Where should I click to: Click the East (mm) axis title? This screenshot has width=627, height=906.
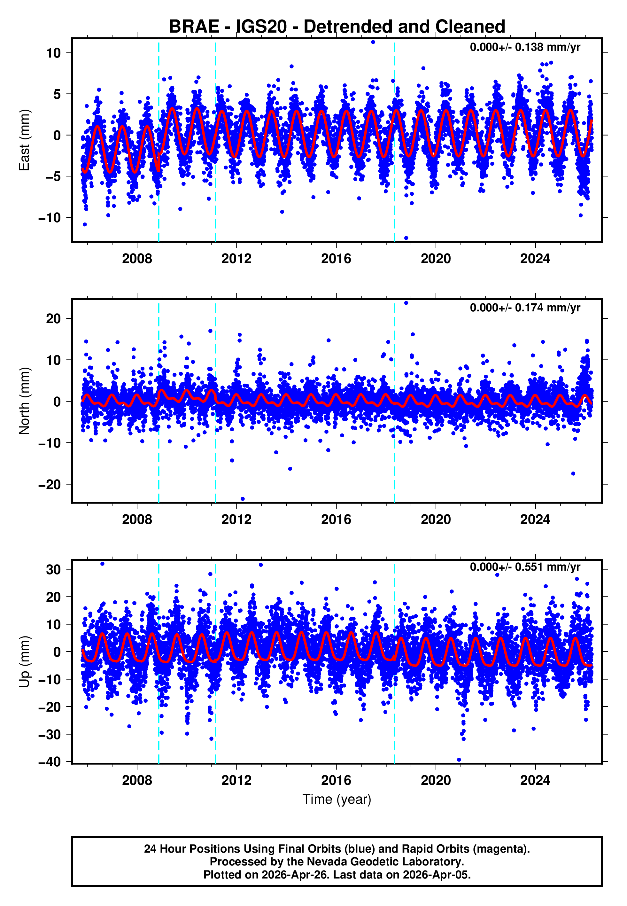(24, 140)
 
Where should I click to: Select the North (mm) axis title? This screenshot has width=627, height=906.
(24, 401)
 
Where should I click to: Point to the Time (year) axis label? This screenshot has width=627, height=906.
(337, 799)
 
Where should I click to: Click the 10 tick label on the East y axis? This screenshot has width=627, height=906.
(53, 53)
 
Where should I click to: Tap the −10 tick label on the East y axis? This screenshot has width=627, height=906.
(50, 217)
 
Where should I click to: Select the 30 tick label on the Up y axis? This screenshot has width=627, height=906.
(53, 569)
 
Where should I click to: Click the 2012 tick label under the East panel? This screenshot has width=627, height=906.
(236, 259)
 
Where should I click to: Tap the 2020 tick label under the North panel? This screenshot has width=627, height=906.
(436, 519)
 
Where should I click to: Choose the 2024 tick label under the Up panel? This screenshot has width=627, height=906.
(535, 780)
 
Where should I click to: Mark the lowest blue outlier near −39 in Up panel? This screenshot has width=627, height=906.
(459, 760)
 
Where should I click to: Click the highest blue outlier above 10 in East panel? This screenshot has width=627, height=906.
(373, 42)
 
